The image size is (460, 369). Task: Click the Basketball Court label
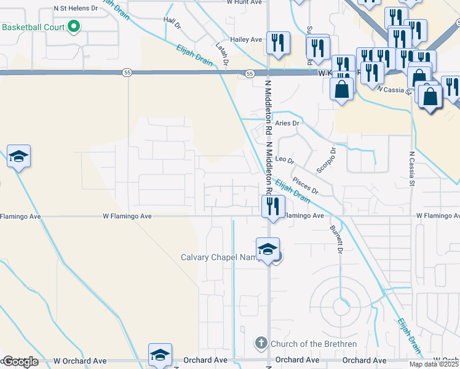34,28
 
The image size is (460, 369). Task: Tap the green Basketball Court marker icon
74,26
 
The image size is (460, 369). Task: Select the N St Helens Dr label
76,9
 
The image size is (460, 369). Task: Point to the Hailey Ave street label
247,39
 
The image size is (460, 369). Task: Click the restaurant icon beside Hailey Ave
278,43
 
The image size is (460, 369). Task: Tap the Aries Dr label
287,123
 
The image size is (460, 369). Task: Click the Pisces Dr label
305,186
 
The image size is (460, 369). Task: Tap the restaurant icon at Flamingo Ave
271,206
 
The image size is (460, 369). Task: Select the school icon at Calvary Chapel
268,249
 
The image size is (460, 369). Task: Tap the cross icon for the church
261,342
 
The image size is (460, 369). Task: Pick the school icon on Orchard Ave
160,354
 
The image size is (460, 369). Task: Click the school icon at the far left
19,156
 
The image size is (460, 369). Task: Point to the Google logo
20,361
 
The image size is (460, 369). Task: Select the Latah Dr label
222,54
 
